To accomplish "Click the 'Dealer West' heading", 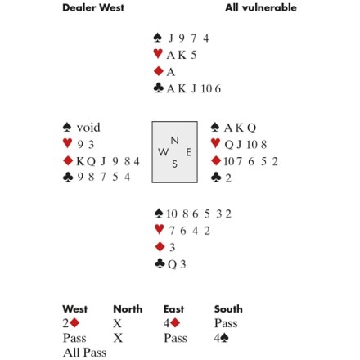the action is click(93, 7).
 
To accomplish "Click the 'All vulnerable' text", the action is click(261, 7).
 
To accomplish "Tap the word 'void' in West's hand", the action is click(88, 128).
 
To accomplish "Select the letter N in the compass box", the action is click(175, 141).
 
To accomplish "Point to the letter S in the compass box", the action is click(174, 164).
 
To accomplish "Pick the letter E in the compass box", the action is click(188, 152).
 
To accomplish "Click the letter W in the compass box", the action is click(163, 152).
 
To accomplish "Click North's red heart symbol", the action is click(158, 53).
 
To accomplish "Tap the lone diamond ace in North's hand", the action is click(171, 72).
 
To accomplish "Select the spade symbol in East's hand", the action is click(215, 127).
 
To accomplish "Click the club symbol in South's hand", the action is click(160, 263).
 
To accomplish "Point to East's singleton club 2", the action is click(228, 178).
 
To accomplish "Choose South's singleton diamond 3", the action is click(172, 247).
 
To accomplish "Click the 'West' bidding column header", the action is click(75, 309).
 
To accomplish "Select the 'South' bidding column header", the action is click(228, 309).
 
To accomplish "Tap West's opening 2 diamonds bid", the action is click(71, 323).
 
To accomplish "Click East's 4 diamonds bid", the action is click(172, 323).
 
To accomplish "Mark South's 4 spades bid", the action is click(221, 338).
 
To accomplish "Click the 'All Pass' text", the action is click(84, 353).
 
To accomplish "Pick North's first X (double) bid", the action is click(117, 323).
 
